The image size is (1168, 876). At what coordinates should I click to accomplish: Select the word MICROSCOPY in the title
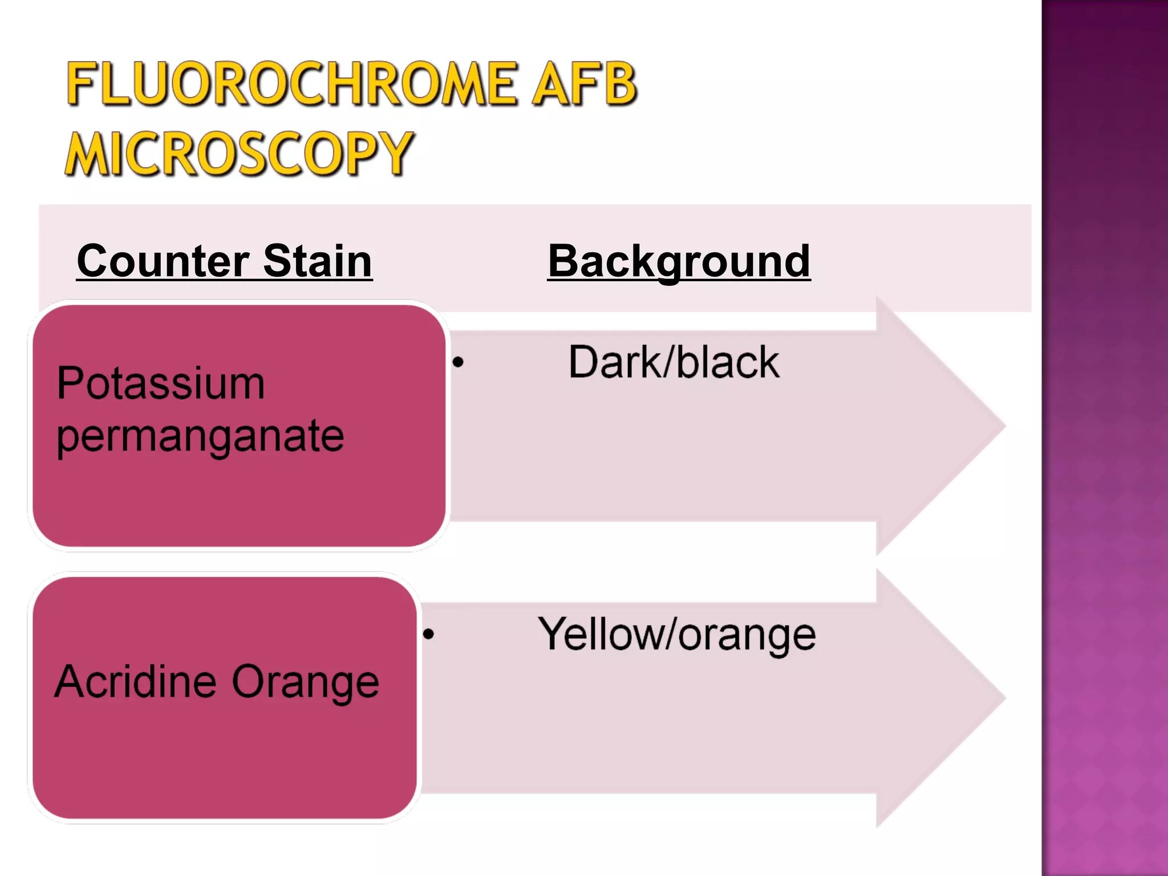[238, 153]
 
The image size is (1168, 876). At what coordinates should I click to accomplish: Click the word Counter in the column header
[163, 261]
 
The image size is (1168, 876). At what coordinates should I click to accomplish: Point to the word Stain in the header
[317, 261]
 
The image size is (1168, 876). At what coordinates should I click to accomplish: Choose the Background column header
[679, 261]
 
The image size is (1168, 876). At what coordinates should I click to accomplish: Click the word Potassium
[161, 383]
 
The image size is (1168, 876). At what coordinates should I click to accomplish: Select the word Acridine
[136, 681]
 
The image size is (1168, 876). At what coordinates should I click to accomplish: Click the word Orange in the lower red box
[306, 682]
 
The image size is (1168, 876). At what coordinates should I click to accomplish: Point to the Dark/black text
[674, 362]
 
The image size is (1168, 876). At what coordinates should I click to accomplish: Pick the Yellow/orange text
[677, 634]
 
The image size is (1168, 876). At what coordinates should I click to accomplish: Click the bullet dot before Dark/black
[458, 362]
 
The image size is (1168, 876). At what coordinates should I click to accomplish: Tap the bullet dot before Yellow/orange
[428, 634]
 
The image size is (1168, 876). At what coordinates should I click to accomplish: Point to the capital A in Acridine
[72, 681]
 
